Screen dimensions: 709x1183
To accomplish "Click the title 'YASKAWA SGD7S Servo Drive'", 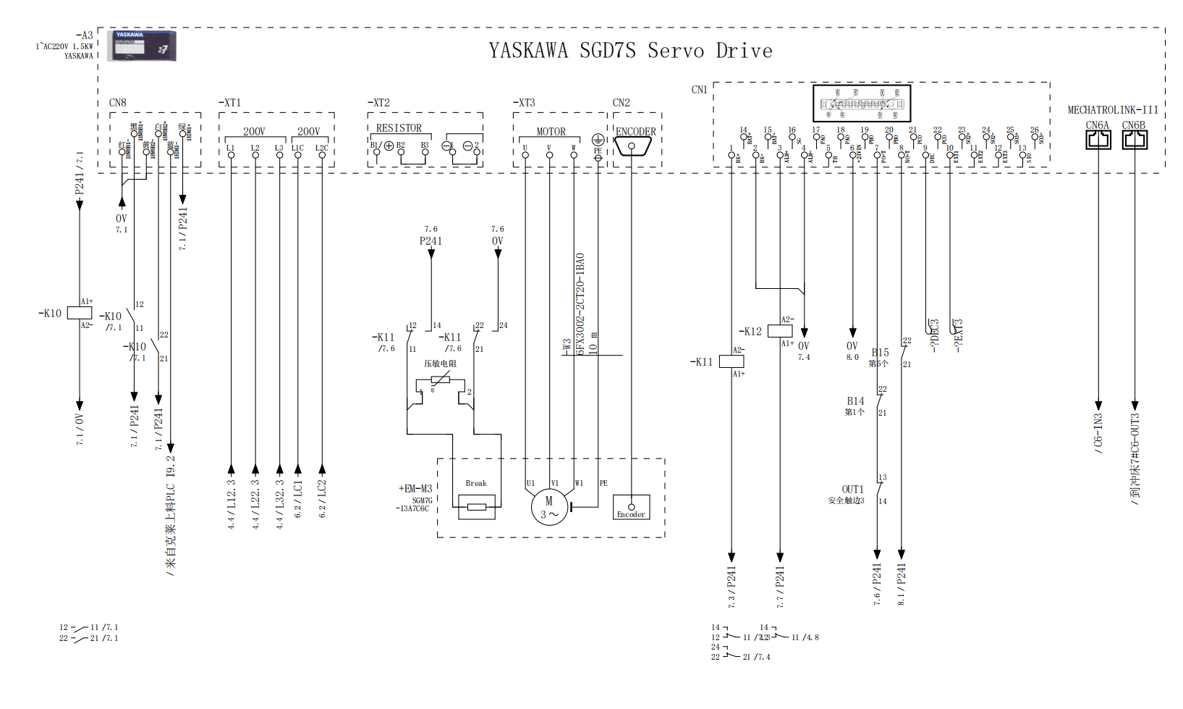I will coord(630,51).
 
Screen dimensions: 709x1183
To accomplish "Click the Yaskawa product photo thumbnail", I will coord(142,45).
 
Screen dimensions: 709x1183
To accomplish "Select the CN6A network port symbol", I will coord(1098,139).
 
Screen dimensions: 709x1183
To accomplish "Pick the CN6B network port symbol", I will coord(1134,139).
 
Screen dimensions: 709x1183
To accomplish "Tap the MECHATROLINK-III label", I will coord(1113,110).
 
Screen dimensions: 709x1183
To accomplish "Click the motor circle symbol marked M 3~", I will coord(549,508).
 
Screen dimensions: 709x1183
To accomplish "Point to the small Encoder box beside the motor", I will coord(631,507).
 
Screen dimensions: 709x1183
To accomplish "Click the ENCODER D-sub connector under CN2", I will coord(632,146).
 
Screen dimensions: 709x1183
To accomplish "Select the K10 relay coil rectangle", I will coord(80,313).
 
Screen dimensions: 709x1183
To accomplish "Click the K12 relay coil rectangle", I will coord(779,331).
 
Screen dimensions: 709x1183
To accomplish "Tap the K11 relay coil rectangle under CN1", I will coord(732,361).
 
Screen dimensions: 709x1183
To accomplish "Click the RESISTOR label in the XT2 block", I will coord(399,128).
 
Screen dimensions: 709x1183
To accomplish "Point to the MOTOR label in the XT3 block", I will coord(551,132).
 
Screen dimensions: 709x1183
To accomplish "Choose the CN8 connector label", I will coord(118,103).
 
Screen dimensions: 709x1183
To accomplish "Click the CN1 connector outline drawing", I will coord(861,104).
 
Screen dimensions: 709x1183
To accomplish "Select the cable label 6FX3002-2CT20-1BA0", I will coord(580,303).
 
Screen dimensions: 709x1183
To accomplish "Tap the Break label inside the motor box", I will coord(476,483).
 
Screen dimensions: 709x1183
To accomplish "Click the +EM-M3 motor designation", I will coord(415,489).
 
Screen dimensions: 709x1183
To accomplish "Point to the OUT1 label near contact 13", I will coord(852,490).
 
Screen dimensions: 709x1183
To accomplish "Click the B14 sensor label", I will coord(855,401).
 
